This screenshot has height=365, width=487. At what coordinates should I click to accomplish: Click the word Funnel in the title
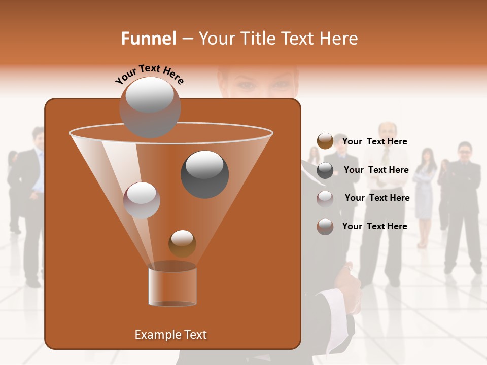[x=148, y=39]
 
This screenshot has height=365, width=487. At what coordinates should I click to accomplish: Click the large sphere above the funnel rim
[x=150, y=107]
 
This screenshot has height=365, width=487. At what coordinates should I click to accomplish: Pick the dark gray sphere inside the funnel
[x=204, y=174]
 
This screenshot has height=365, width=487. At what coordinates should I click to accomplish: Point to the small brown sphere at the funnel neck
[x=182, y=243]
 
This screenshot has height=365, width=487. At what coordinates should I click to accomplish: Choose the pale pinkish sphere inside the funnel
[x=142, y=200]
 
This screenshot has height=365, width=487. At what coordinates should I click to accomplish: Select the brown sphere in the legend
[x=325, y=141]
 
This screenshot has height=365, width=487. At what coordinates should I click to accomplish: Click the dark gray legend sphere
[x=325, y=170]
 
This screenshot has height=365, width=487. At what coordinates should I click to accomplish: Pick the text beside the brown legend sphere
[x=374, y=141]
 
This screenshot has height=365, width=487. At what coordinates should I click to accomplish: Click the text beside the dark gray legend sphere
[x=376, y=170]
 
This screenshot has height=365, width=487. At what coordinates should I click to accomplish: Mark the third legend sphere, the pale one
[x=325, y=199]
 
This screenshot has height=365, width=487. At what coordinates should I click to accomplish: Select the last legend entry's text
[x=374, y=226]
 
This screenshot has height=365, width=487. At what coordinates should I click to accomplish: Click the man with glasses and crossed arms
[x=463, y=203]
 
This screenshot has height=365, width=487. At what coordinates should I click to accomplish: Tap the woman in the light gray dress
[x=425, y=193]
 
